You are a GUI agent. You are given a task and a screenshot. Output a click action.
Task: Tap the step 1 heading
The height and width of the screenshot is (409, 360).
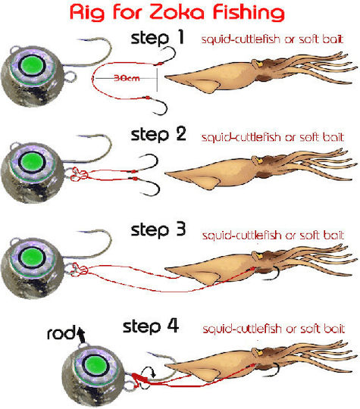[158, 38]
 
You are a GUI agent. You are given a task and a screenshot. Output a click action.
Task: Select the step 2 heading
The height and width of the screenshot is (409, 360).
[158, 134]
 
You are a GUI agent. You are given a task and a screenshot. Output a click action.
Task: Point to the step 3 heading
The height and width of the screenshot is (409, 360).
[158, 229]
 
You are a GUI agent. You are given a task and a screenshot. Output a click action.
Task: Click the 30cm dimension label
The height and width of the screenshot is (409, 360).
[127, 78]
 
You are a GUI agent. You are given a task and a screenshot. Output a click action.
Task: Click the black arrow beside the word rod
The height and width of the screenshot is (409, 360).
[81, 335]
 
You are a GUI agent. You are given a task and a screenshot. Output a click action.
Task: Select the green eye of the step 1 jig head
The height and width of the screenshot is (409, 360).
[32, 65]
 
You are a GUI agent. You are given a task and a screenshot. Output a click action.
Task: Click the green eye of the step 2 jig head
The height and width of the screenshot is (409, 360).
[32, 162]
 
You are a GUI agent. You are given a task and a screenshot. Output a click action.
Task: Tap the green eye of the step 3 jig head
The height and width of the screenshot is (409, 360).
[32, 258]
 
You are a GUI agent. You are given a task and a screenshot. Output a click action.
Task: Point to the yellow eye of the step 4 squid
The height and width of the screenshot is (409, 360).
[258, 353]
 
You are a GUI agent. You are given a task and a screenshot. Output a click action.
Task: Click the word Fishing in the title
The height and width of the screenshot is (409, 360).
[249, 13]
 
